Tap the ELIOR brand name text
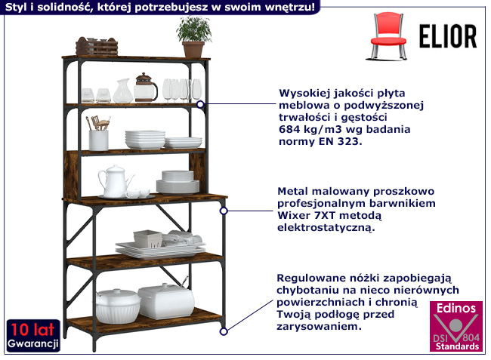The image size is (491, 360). tap(448, 36)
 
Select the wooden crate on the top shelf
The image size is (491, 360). tap(97, 48)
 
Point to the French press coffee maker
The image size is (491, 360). tap(145, 88)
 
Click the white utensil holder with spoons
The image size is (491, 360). tap(98, 136)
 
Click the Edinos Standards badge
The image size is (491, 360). tap(455, 327)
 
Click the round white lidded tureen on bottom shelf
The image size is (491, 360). tap(118, 305)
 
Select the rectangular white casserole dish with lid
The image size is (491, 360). tap(165, 300)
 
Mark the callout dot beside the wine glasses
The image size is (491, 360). tap(201, 104)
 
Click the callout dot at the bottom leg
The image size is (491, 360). tap(223, 330)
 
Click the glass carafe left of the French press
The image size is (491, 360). tap(122, 91)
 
